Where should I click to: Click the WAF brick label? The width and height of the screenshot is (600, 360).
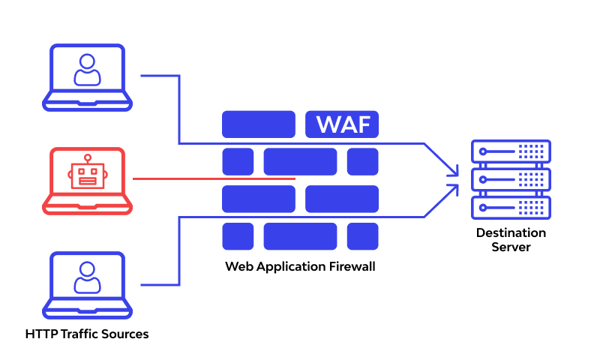point(342,124)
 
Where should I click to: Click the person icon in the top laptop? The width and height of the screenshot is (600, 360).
point(87,70)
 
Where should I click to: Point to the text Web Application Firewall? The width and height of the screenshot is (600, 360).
point(300,266)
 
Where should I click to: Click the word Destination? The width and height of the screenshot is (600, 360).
point(511,232)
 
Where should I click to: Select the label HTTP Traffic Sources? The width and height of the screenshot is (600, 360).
point(87,334)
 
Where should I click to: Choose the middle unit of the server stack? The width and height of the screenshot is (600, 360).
point(511,180)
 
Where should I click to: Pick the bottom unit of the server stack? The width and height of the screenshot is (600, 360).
point(511,208)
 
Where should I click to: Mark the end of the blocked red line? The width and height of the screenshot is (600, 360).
point(295,179)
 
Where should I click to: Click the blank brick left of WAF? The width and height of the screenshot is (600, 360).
point(259,124)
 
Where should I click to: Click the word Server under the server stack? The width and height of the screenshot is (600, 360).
point(511,247)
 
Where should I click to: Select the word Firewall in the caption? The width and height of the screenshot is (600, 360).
point(350,266)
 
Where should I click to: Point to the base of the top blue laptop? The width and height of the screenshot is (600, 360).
point(87,103)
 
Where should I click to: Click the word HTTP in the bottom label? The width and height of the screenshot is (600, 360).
point(40,334)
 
